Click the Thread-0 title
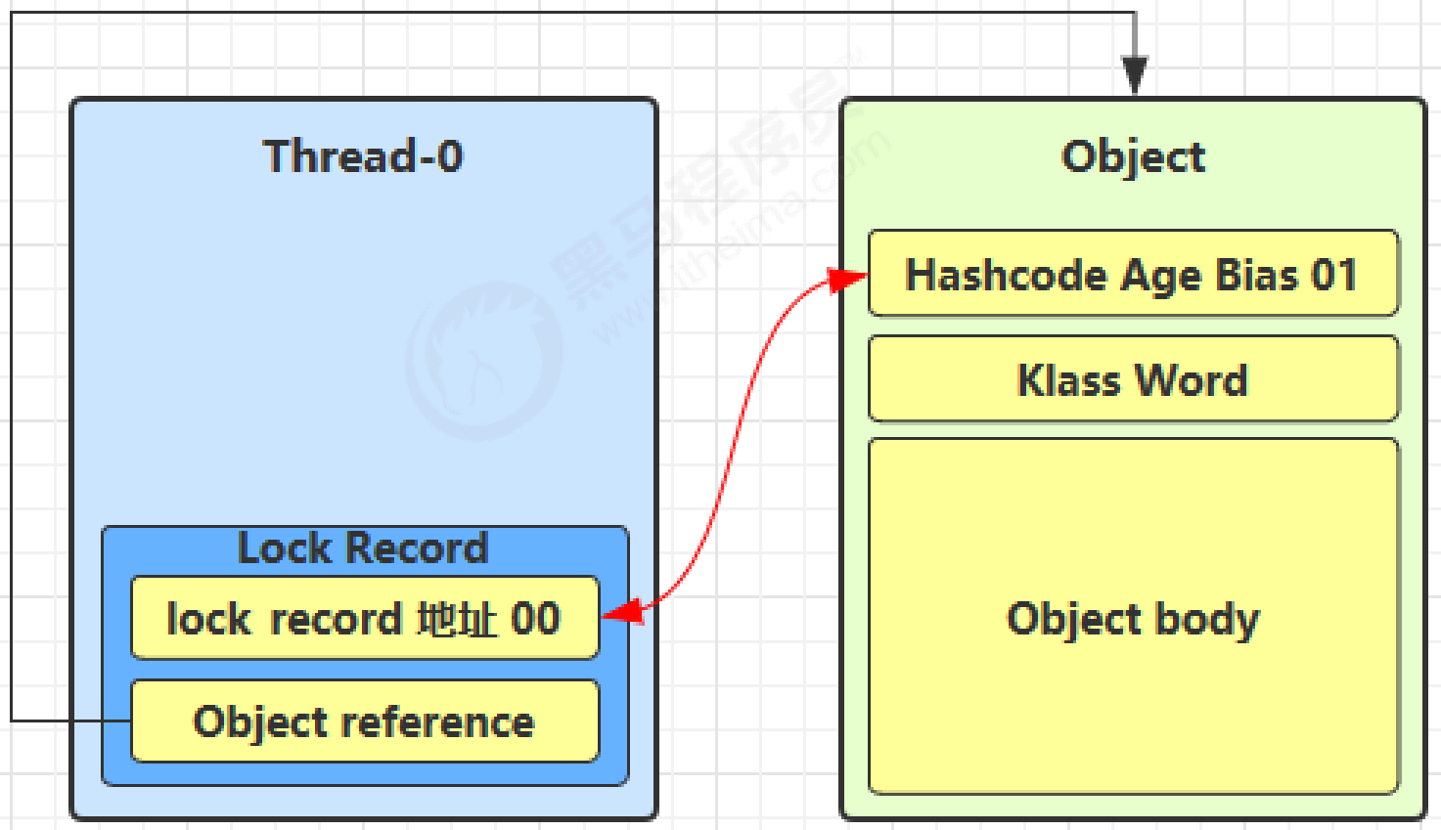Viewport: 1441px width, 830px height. [x=363, y=156]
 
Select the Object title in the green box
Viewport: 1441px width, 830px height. [x=1133, y=156]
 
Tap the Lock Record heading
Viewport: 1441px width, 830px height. [x=363, y=548]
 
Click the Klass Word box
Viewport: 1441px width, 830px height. [x=1133, y=379]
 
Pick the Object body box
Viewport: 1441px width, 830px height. [x=1133, y=684]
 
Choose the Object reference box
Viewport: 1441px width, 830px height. [x=364, y=721]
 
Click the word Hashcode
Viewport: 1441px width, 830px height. [x=1007, y=275]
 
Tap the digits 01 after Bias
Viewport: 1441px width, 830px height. [x=1334, y=275]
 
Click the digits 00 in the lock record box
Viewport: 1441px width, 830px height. [x=535, y=619]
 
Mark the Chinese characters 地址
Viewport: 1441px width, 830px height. [x=457, y=619]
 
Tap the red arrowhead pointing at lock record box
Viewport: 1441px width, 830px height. [x=622, y=613]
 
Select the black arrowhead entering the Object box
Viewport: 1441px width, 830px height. [x=1134, y=75]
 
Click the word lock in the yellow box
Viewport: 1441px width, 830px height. [x=208, y=619]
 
